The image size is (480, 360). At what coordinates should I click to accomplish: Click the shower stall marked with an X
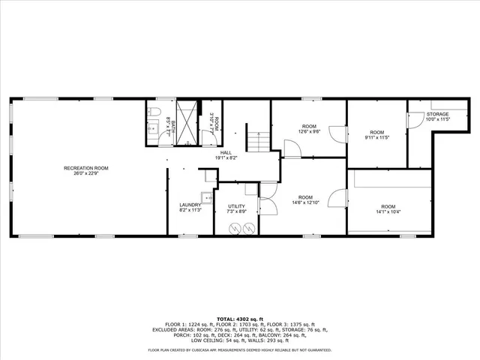coord(187,120)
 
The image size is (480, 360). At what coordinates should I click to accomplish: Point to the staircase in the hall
coord(259,139)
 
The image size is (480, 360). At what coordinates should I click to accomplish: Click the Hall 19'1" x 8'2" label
coord(226,154)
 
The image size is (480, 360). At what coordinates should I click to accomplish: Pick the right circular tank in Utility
coord(247,227)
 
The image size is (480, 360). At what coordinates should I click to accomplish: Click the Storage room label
coord(437,114)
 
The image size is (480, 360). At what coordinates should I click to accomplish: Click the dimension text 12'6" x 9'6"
coord(309,131)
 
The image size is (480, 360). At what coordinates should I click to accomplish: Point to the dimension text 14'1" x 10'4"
coord(388,211)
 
